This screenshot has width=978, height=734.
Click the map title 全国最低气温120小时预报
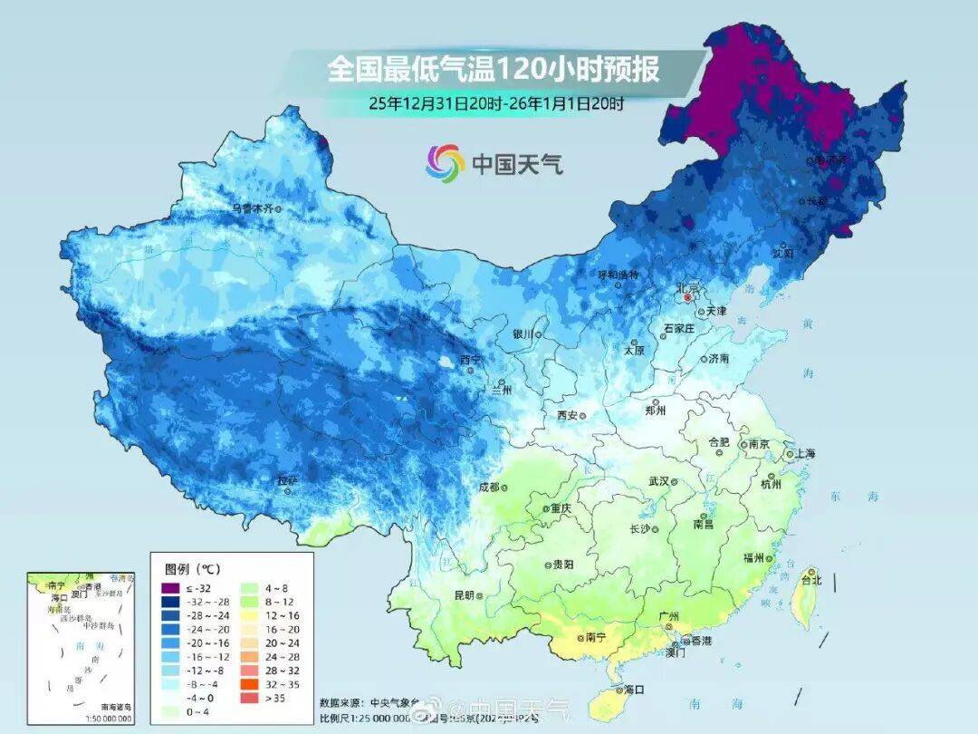494,69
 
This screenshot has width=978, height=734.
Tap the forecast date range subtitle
495,102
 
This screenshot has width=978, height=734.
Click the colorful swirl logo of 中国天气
445,162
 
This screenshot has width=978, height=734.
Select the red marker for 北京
688,297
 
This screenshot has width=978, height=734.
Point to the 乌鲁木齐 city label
251,208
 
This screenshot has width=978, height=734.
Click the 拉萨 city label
286,481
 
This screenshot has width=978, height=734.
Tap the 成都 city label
488,488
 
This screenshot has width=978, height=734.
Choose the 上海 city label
802,453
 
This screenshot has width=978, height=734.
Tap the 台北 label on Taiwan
810,580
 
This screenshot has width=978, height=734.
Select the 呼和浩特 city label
618,275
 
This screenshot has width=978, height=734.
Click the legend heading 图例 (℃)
192,569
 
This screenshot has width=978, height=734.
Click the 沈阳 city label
782,254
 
